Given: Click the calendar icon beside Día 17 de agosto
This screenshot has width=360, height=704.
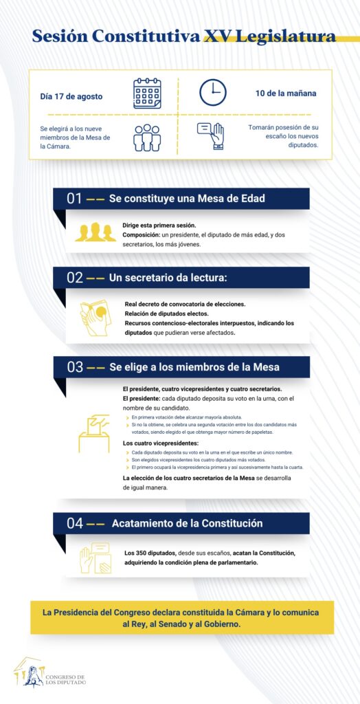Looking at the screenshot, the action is (x=146, y=93).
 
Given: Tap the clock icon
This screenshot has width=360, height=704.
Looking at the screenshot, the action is (x=213, y=92).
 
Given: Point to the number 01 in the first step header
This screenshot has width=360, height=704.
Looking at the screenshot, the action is (x=75, y=199).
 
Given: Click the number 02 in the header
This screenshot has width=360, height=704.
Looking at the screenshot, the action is (x=75, y=278).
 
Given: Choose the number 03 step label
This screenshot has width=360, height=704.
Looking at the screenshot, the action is (x=75, y=367).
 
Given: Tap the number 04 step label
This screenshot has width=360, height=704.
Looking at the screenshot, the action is (x=75, y=523).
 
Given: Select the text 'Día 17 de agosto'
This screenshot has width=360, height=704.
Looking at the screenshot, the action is (x=71, y=96).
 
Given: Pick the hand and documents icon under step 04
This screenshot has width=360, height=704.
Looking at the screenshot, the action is (x=95, y=558).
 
